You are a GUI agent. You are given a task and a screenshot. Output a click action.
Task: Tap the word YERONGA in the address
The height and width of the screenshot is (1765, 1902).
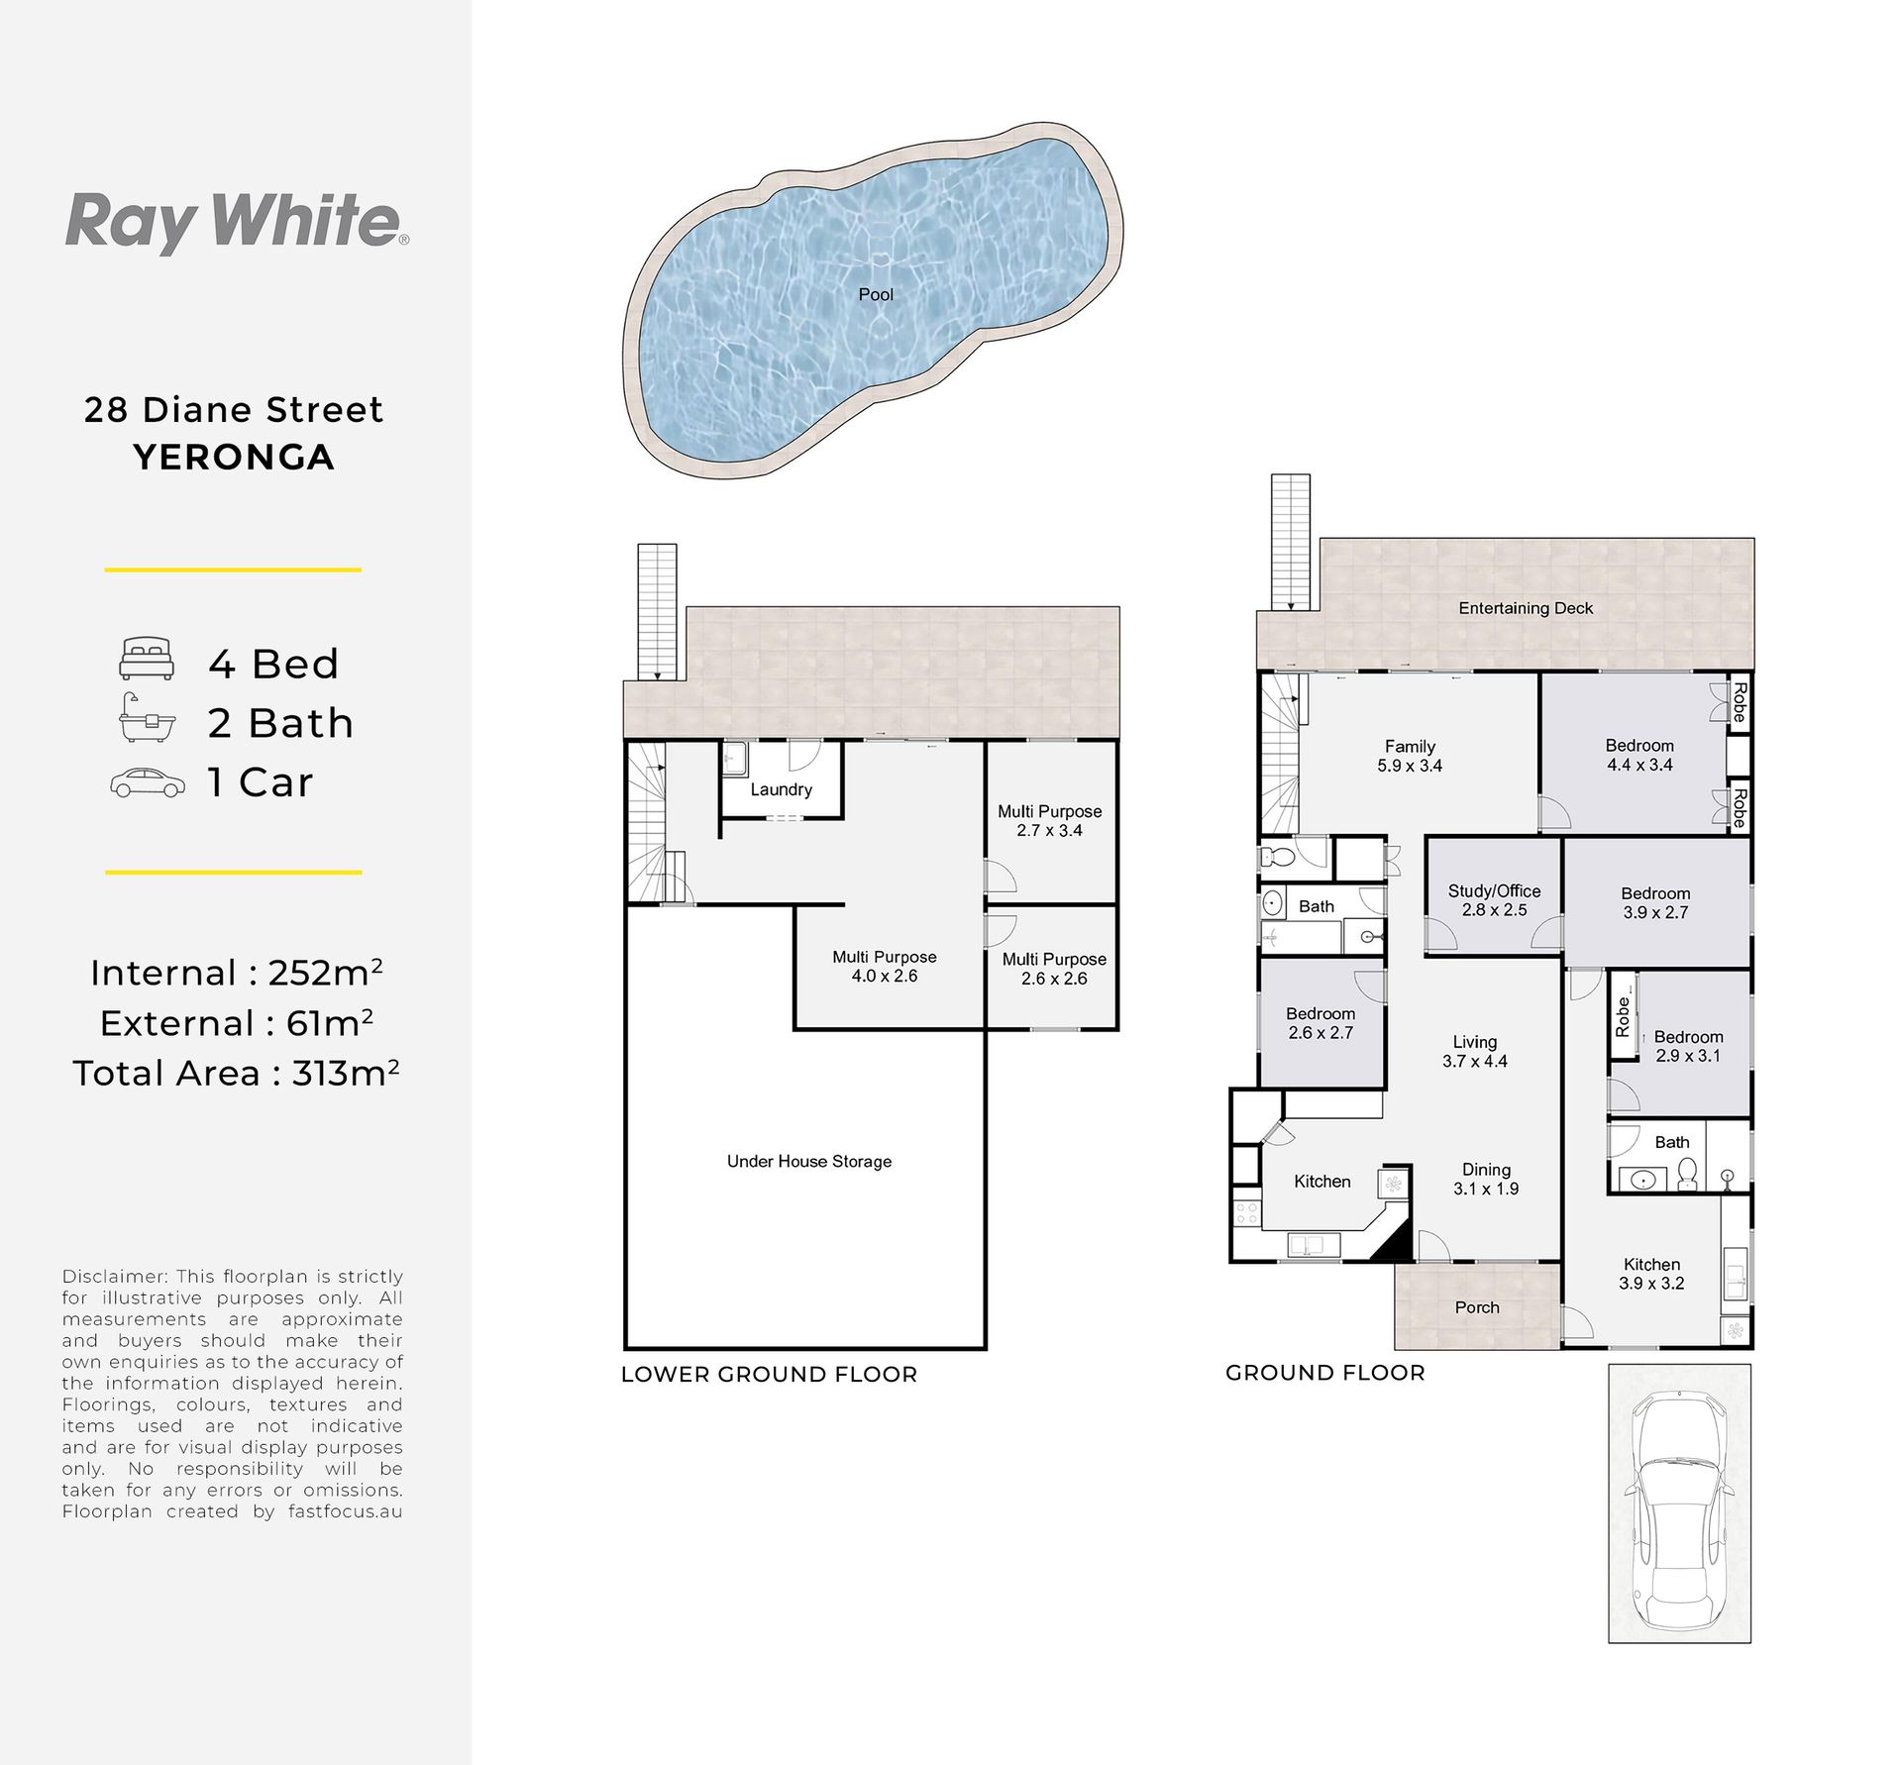coord(234,458)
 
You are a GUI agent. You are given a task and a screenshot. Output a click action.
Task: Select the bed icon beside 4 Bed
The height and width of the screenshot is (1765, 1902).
coord(147,659)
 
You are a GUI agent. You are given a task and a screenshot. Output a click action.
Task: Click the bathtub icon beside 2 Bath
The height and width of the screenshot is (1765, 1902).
coord(147,718)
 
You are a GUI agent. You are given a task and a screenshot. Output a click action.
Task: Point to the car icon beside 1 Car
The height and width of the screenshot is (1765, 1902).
coord(148,782)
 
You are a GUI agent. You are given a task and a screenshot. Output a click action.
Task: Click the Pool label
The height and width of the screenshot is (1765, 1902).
coord(876,294)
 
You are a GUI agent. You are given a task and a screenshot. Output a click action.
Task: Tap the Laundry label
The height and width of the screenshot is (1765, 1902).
coord(781,789)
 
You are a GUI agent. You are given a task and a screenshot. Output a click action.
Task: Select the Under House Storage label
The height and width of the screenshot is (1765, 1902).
coord(809,1161)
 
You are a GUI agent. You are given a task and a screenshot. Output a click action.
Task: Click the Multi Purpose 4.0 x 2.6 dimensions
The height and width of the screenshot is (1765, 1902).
coord(885,976)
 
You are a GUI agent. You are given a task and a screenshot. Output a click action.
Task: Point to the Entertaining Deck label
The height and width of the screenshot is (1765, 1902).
coord(1526,608)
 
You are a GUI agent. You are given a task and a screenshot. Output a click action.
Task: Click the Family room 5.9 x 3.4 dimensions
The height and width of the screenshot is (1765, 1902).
coord(1410,766)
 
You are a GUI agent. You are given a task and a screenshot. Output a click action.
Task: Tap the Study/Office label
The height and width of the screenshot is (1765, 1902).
coord(1494,890)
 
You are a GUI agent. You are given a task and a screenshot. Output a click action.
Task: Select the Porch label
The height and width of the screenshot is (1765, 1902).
coord(1477,1307)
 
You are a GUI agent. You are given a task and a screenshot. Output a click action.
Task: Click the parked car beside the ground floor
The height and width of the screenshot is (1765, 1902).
coord(1679,1503)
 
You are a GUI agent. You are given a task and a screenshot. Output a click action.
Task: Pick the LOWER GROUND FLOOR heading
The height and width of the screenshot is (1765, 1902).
coord(770,1375)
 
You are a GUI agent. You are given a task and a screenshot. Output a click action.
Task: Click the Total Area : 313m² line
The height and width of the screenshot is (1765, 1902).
coord(236,1074)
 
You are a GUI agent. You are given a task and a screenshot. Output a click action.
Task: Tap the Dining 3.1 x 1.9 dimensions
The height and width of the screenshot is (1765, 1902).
coord(1486,1189)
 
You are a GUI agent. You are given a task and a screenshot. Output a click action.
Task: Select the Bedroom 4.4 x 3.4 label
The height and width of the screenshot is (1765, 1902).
coord(1639,755)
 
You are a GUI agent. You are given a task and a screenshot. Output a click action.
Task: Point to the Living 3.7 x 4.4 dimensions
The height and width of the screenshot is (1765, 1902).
coord(1475,1061)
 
